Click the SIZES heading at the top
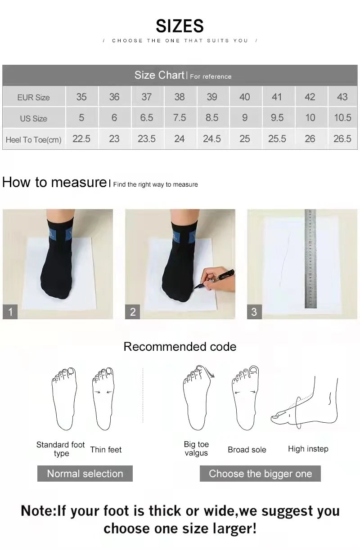tap(180, 26)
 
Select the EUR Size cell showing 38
tap(179, 97)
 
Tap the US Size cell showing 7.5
tap(179, 118)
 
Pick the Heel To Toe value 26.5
tap(342, 139)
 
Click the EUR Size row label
tap(33, 97)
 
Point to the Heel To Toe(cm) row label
tap(33, 140)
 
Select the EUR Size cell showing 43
tap(342, 97)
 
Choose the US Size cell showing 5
tap(81, 118)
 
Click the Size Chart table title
tap(159, 75)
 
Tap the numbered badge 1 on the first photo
tap(10, 312)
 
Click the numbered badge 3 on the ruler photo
tap(254, 312)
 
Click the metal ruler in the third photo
tap(310, 259)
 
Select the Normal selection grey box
tap(85, 474)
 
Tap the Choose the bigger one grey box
tap(260, 474)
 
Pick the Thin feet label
tap(106, 450)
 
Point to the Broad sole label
tap(247, 450)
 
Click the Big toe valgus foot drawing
tap(197, 398)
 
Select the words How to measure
tap(54, 183)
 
